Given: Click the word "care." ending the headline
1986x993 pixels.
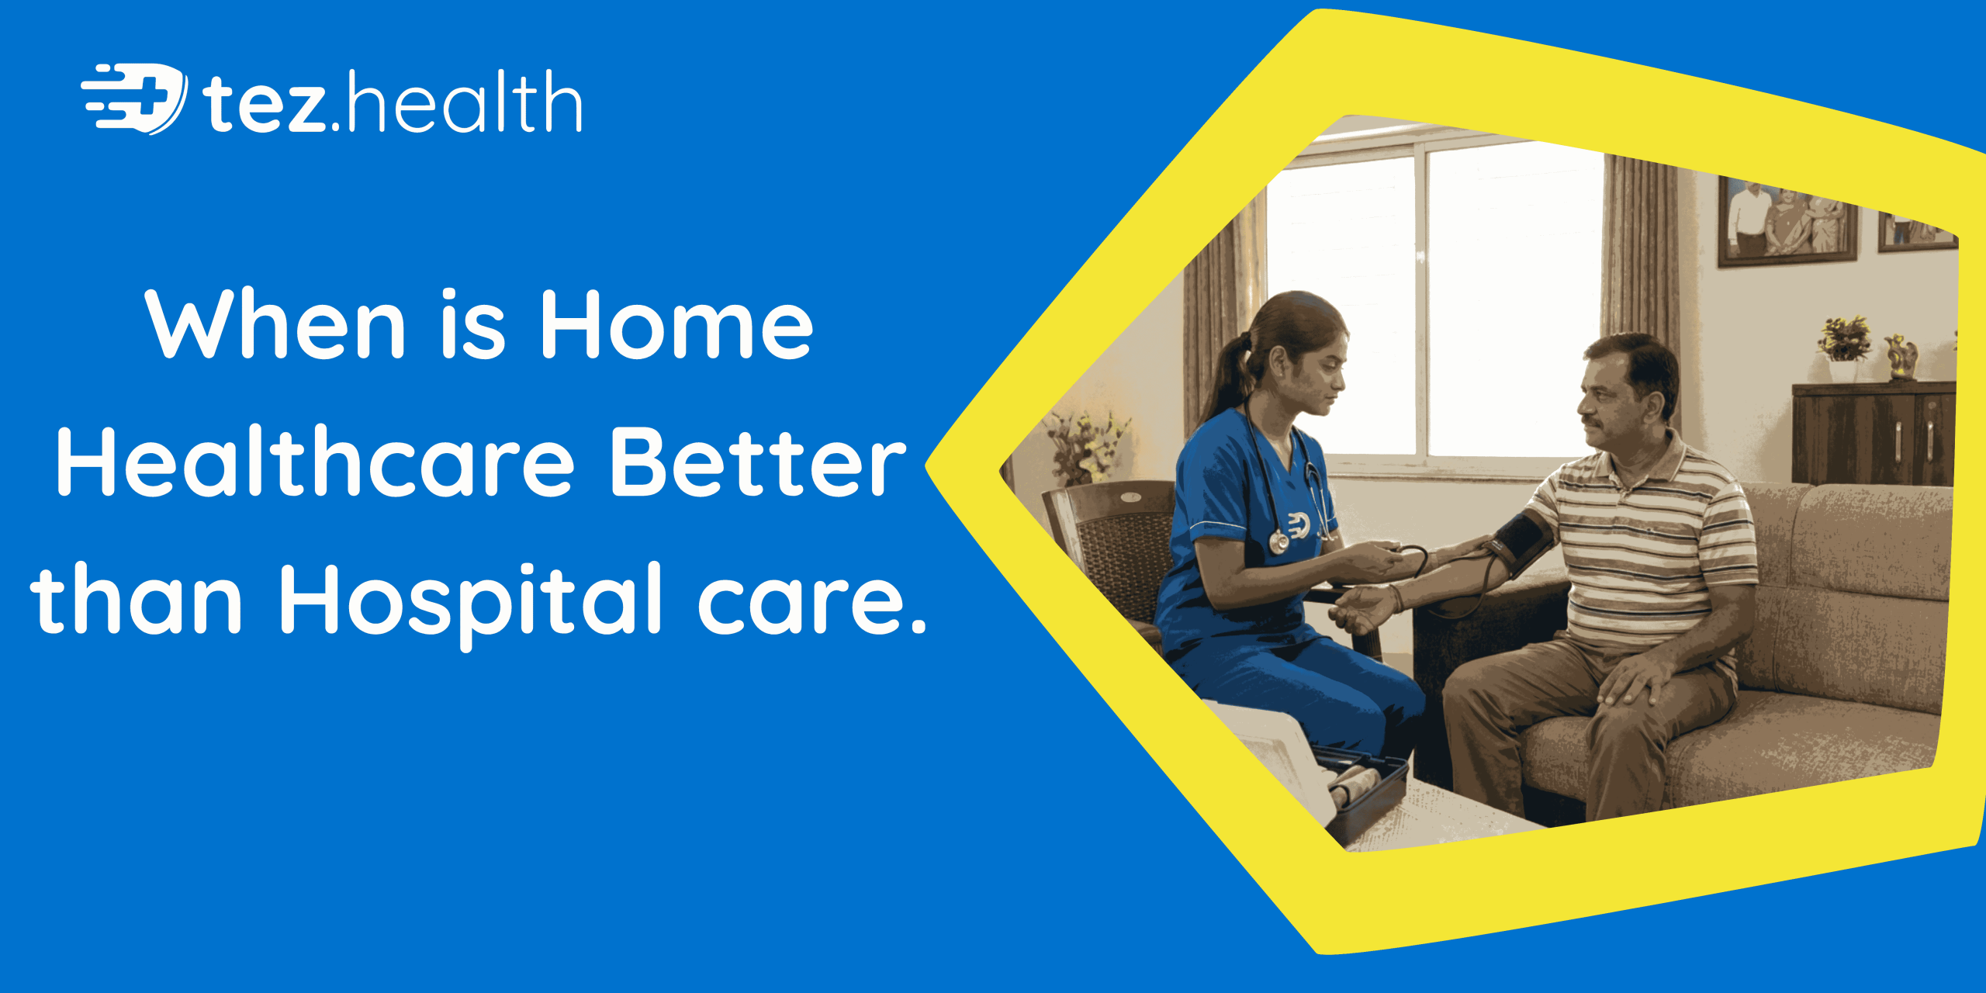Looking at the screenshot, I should [811, 602].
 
